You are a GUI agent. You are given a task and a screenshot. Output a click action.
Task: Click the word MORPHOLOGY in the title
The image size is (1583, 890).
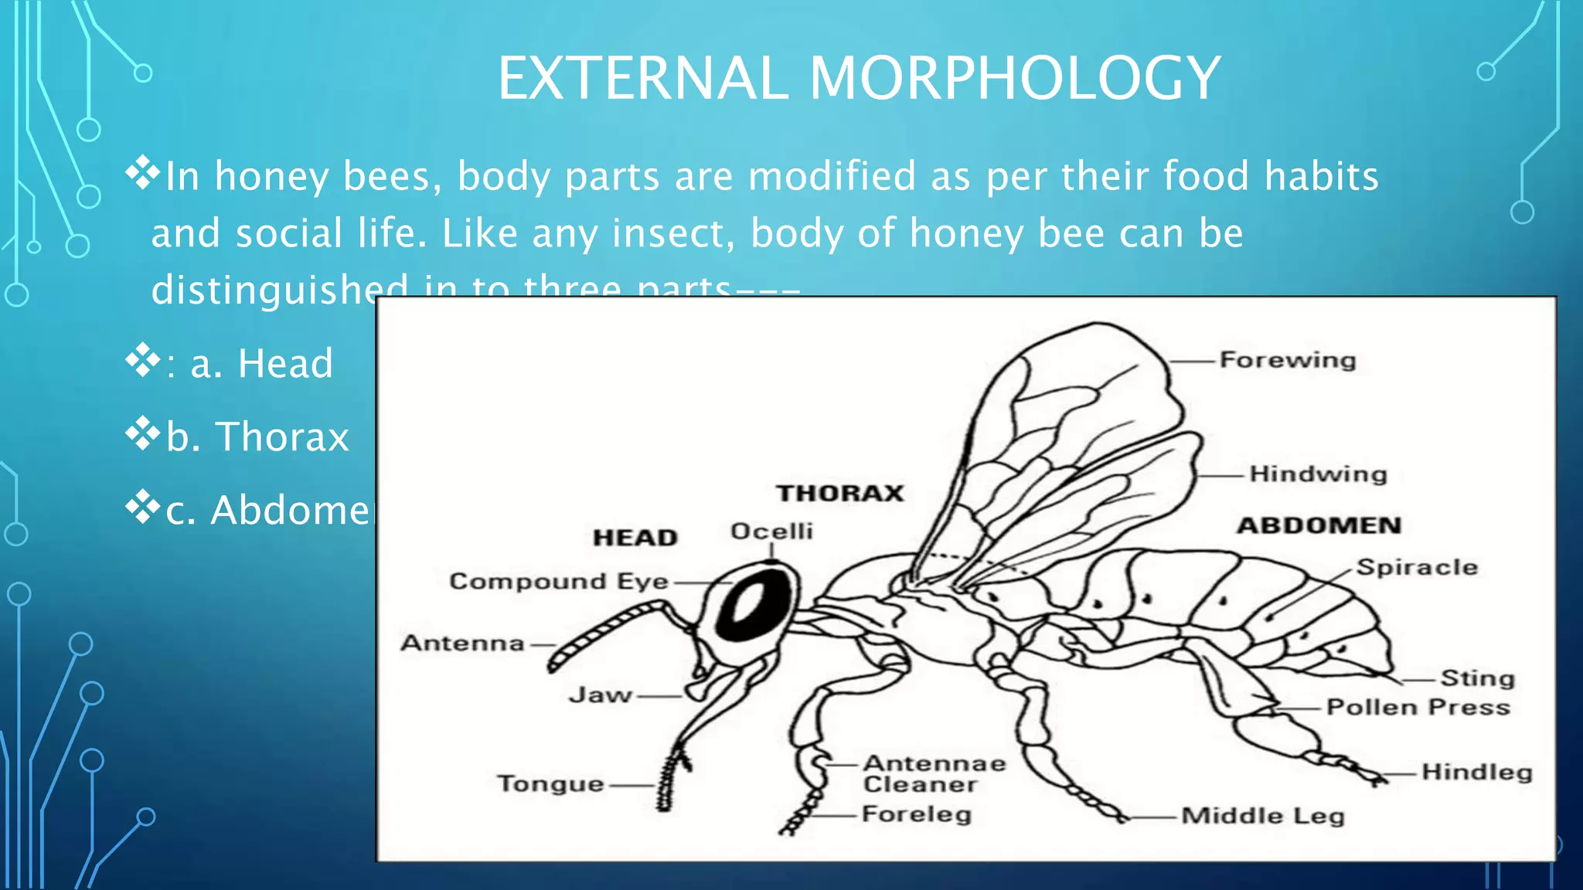click(1015, 78)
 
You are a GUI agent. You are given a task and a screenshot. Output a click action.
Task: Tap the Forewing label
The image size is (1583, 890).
click(1288, 360)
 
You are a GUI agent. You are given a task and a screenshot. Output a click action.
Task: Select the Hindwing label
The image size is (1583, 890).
click(1318, 474)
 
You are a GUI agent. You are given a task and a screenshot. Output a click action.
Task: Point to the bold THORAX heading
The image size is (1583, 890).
click(840, 493)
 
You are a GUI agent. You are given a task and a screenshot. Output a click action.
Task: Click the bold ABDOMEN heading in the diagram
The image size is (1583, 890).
click(1319, 525)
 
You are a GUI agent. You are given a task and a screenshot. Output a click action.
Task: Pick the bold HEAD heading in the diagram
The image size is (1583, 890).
click(635, 538)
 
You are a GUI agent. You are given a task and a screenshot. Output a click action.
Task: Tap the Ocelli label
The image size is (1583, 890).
click(771, 532)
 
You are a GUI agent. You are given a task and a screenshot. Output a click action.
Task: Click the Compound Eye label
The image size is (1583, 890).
click(559, 581)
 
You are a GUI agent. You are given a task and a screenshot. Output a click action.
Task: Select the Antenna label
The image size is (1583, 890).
click(462, 643)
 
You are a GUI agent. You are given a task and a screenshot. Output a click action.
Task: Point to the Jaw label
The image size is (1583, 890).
click(601, 695)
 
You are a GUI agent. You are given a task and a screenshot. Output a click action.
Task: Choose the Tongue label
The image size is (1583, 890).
click(550, 784)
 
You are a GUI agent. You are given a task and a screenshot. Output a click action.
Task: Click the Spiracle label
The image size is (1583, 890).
click(1417, 567)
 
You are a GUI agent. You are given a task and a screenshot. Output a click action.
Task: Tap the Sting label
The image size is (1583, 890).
click(1477, 678)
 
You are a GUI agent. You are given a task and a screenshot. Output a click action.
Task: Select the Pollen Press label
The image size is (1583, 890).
click(1418, 708)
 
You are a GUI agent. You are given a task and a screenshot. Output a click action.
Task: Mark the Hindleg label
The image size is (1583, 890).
click(1476, 772)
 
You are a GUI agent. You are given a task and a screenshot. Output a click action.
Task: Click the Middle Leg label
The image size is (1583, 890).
click(1263, 816)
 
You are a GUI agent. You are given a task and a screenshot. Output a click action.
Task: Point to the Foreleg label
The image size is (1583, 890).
click(917, 814)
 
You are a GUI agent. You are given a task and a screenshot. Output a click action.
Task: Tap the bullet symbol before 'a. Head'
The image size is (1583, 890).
click(143, 360)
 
